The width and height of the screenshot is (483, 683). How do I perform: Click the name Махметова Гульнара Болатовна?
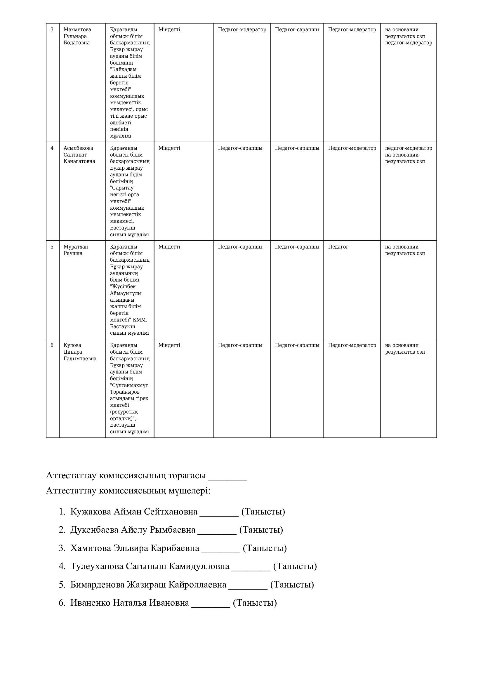[77, 36]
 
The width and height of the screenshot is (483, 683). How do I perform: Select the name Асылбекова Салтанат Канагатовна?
[79, 155]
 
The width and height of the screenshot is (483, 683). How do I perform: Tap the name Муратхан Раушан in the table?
[76, 250]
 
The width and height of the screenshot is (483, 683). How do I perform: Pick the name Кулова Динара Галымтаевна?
[80, 352]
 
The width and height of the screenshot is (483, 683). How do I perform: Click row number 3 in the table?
[52, 29]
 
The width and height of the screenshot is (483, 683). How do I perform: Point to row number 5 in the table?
[52, 247]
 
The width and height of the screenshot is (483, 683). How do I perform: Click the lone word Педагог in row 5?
[338, 247]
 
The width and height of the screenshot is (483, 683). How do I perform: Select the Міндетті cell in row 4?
[169, 148]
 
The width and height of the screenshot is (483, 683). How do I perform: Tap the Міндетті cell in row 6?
[169, 345]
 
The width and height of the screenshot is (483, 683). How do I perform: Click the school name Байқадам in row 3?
[124, 69]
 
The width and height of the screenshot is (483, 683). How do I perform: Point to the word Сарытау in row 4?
[122, 188]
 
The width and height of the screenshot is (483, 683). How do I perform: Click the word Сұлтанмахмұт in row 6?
[129, 385]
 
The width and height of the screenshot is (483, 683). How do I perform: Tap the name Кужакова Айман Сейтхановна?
[134, 512]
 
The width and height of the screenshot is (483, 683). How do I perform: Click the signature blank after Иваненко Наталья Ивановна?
[211, 603]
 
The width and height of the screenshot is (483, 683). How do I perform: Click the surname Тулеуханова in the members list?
[97, 566]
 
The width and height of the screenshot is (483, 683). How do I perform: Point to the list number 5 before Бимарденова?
[62, 585]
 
